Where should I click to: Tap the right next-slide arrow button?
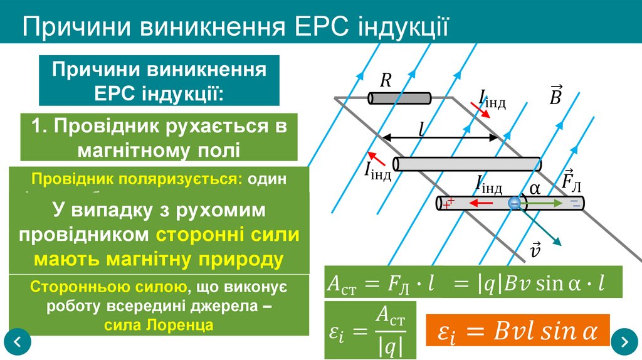pyautogui.click(x=624, y=342)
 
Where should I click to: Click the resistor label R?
pyautogui.click(x=386, y=80)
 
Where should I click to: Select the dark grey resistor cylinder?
pyautogui.click(x=399, y=98)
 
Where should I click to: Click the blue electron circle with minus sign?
pyautogui.click(x=515, y=203)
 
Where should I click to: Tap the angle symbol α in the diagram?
pyautogui.click(x=535, y=189)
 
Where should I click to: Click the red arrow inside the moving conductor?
pyautogui.click(x=480, y=203)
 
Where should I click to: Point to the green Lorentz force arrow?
pyautogui.click(x=542, y=203)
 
